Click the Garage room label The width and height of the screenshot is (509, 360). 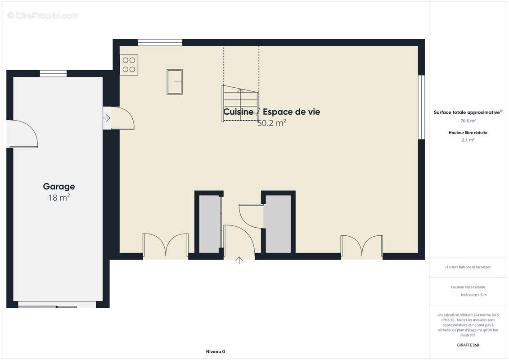tap(59, 186)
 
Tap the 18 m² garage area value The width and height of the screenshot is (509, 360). tap(59, 198)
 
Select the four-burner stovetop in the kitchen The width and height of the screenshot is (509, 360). tap(129, 64)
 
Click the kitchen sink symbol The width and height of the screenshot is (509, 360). tap(175, 81)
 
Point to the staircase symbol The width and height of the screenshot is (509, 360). tap(240, 103)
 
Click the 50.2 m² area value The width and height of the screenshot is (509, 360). tap(272, 123)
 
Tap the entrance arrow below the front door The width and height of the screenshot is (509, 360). tap(239, 260)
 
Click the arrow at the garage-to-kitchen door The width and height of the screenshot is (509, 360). tap(107, 118)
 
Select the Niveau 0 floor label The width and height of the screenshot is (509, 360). tap(215, 351)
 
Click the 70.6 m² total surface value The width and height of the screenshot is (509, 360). tap(468, 121)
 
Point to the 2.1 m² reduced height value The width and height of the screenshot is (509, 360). tap(468, 140)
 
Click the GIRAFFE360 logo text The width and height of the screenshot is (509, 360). tap(468, 345)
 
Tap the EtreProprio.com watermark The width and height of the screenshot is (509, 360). tap(43, 16)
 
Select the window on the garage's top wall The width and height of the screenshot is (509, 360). tap(53, 73)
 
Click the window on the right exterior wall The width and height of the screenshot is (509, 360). tap(421, 107)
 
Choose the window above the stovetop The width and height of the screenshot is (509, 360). tap(160, 43)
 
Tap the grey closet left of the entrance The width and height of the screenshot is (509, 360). tap(209, 224)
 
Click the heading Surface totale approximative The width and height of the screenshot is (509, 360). tap(468, 112)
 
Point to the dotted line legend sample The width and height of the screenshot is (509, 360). tap(454, 295)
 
